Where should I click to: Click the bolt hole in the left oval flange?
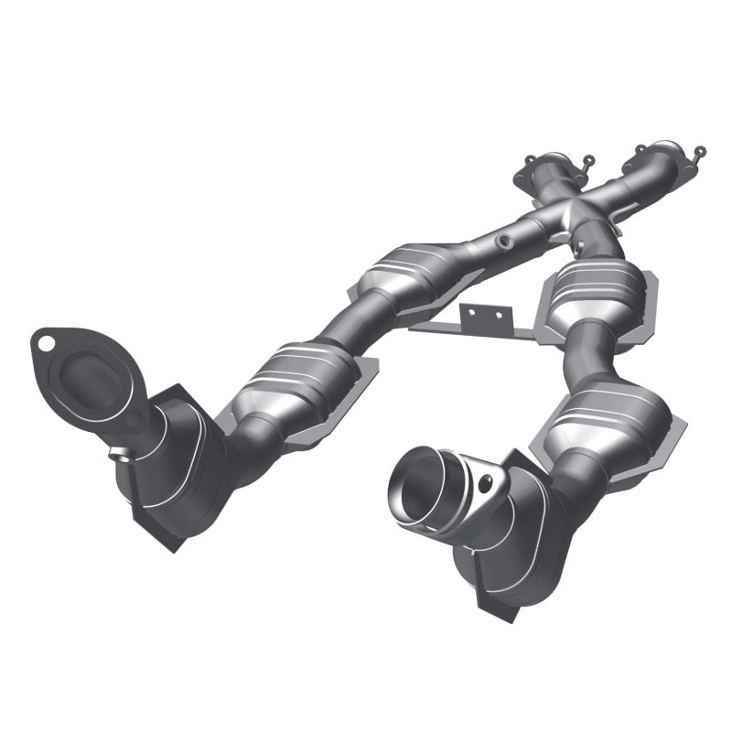coord(43,343)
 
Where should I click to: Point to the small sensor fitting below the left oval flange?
coord(118,451)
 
